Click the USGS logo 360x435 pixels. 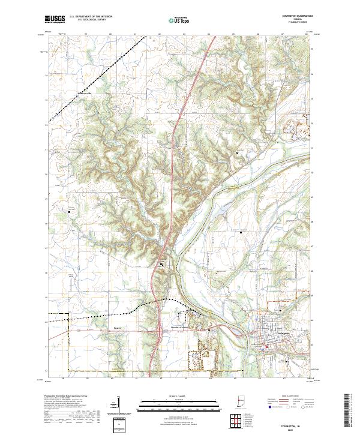coord(55,19)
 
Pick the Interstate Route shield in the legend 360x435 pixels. coord(268,406)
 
